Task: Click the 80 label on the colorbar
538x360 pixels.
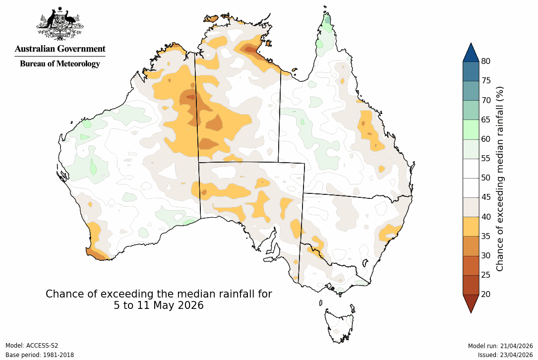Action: point(486,61)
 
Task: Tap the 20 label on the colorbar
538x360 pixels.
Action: point(486,294)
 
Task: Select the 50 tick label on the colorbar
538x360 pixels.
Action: point(486,178)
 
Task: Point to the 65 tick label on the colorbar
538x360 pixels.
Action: point(486,120)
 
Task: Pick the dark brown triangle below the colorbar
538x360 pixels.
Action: point(471,302)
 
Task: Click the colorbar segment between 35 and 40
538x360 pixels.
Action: point(471,226)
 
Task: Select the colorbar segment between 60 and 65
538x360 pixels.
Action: point(471,129)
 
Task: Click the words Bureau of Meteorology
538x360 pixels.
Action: point(60,63)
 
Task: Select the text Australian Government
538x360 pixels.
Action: point(60,49)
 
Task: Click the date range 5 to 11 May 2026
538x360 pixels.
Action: point(159,306)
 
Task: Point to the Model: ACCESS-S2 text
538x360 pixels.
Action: point(32,346)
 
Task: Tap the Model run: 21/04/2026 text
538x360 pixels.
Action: point(500,346)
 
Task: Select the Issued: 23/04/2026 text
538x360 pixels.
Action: point(505,355)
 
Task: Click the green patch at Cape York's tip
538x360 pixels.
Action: point(327,22)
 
